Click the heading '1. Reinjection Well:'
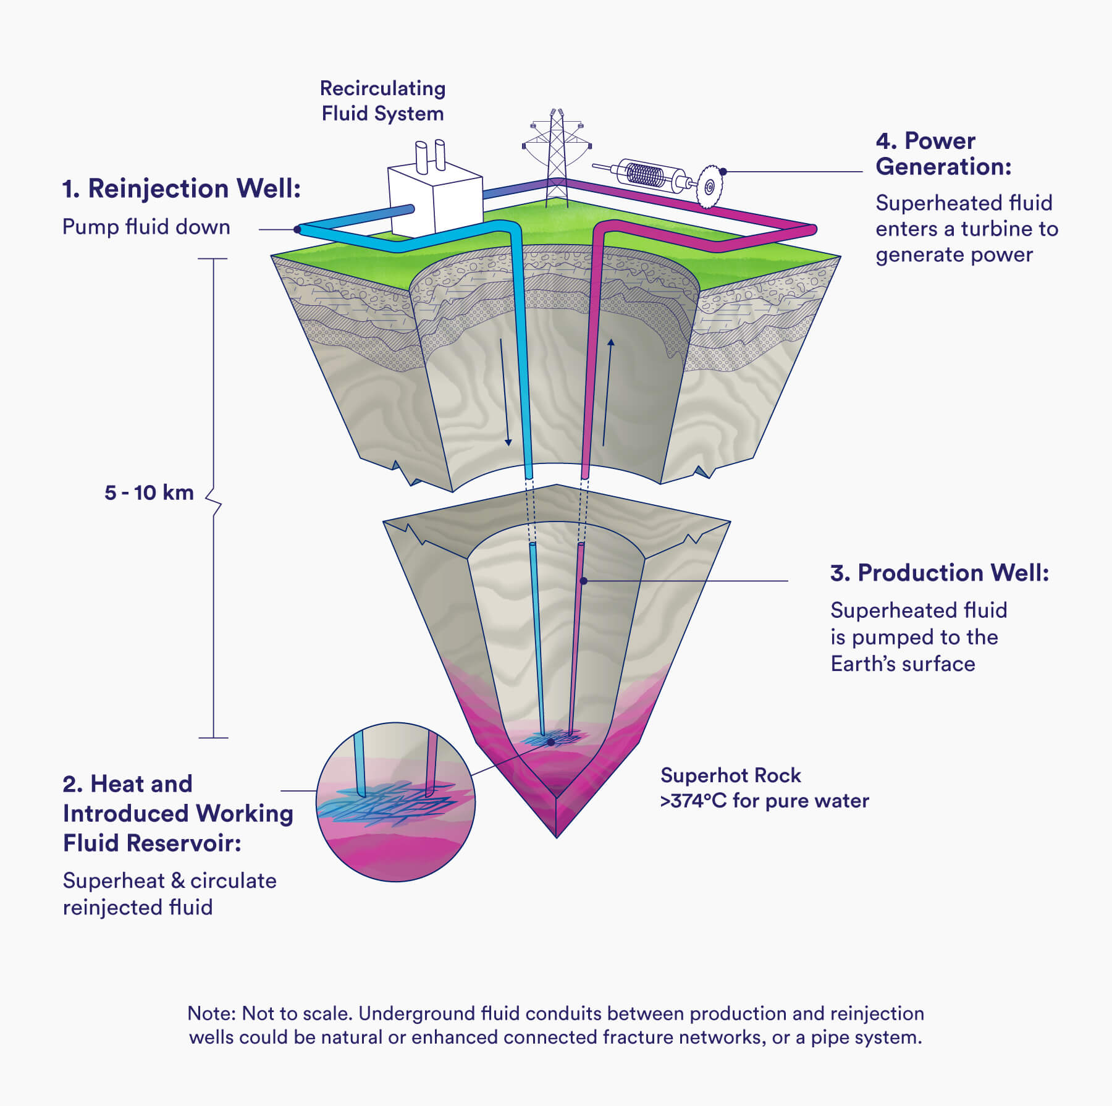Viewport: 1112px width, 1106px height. click(x=181, y=189)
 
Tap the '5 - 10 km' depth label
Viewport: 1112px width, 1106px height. click(x=149, y=492)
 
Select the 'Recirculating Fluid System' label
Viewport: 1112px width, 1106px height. click(x=382, y=101)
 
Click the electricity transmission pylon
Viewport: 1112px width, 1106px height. click(x=557, y=158)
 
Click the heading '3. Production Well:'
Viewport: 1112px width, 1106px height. click(x=939, y=573)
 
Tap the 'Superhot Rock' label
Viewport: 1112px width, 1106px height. click(x=730, y=775)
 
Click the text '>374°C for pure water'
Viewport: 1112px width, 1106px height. click(x=764, y=801)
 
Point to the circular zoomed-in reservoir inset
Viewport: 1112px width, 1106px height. click(x=396, y=801)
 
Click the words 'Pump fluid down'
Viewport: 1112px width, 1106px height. click(x=146, y=227)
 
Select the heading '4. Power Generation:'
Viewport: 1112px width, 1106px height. click(x=943, y=154)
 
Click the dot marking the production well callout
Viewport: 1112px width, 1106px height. click(x=583, y=581)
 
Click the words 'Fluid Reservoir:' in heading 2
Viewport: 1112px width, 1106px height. click(x=152, y=843)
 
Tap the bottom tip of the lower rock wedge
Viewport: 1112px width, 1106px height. click(x=557, y=836)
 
